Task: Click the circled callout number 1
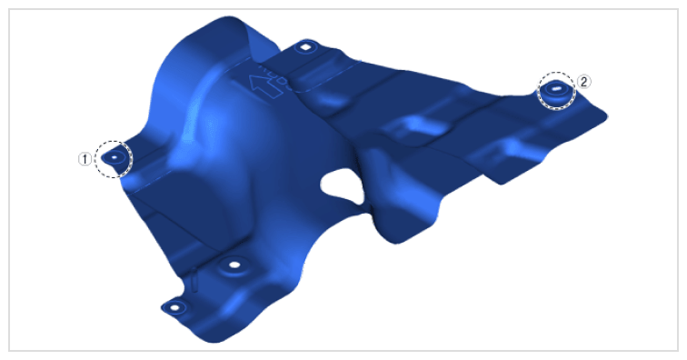[85, 159]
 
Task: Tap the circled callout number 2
[583, 82]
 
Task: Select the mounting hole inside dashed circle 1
[114, 156]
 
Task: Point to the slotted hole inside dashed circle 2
[556, 88]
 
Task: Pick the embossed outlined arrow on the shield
[265, 86]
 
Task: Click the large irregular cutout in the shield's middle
[343, 186]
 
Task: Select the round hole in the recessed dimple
[234, 265]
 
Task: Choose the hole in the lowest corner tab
[174, 307]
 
